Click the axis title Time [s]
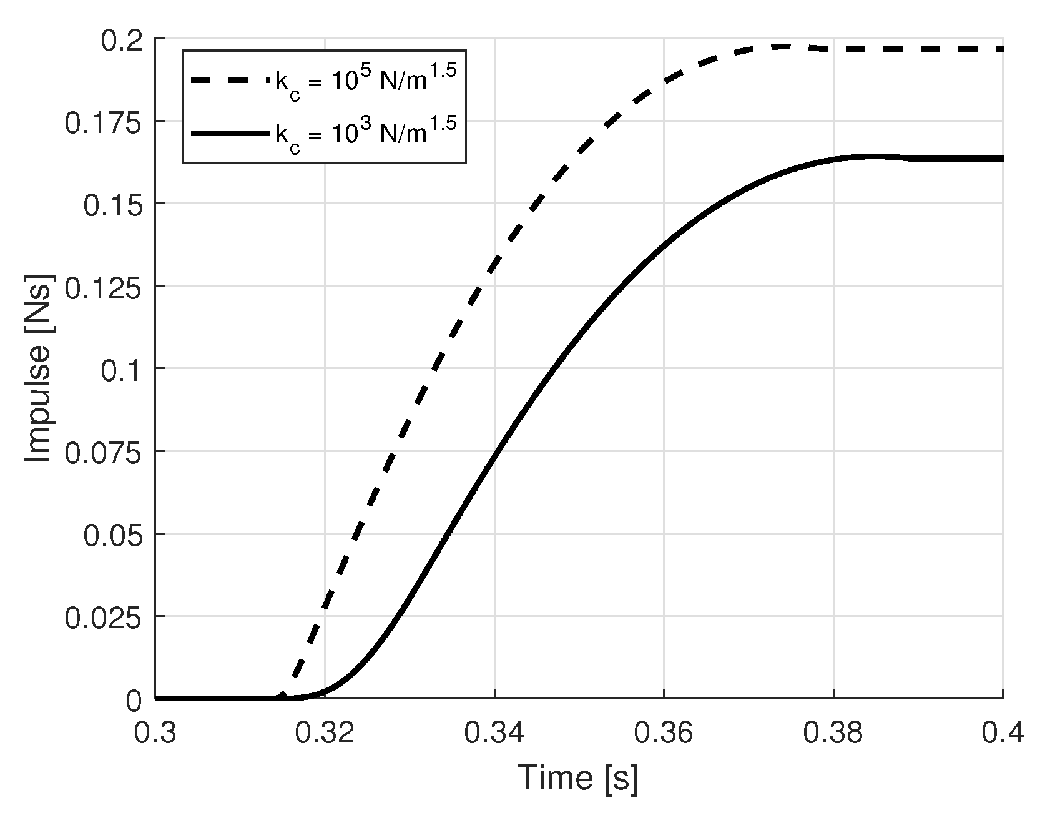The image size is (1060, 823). coord(579,778)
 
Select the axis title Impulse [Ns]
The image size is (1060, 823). coord(39,368)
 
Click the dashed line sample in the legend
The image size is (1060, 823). coord(230,81)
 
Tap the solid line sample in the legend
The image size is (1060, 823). coord(230,132)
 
